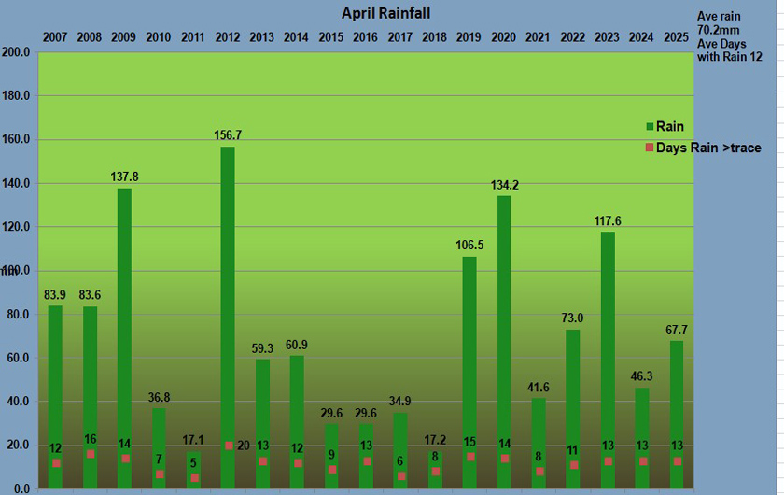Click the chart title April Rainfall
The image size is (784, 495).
[x=385, y=13]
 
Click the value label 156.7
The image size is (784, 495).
[x=228, y=135]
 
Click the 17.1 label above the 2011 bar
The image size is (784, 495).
[x=193, y=440]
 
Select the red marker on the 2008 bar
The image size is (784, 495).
[x=90, y=455]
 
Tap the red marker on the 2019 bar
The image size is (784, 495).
[x=469, y=457]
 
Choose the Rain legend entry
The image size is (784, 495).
[x=670, y=127]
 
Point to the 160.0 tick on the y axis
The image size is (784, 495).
[x=18, y=140]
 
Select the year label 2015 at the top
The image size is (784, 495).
[x=331, y=37]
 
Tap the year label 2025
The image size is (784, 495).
[x=677, y=37]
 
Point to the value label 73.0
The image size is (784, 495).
[x=573, y=318]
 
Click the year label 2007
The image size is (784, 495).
[x=55, y=37]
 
